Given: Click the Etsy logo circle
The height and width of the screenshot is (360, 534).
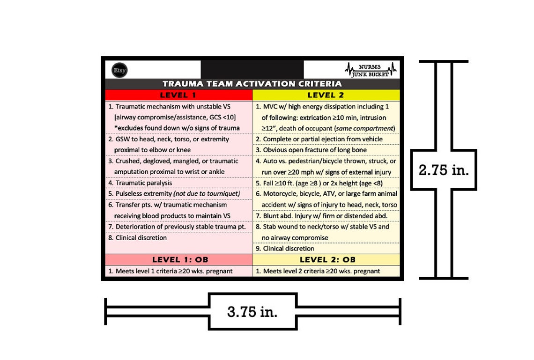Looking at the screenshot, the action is click(x=119, y=70).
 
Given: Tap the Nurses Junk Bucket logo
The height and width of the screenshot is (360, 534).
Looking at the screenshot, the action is click(x=371, y=70).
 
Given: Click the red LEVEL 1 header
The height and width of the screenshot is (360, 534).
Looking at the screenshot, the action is click(x=178, y=95).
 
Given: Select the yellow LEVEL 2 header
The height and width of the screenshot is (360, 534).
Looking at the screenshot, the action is click(x=326, y=95).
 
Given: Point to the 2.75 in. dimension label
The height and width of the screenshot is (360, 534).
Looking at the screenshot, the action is click(x=444, y=170).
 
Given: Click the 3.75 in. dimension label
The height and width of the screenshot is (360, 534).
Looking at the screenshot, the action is click(x=252, y=312).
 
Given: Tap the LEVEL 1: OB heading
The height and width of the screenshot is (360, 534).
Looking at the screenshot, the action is click(x=180, y=260).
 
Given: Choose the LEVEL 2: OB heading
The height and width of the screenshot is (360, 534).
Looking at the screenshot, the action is click(x=327, y=260).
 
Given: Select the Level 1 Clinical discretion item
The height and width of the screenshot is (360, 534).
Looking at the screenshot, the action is click(x=138, y=237).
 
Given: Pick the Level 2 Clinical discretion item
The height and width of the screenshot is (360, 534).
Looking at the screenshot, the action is click(x=285, y=249).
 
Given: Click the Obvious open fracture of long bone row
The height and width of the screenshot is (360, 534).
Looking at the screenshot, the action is click(x=311, y=150).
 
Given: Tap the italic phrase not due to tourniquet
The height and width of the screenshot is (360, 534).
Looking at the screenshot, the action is click(x=207, y=194).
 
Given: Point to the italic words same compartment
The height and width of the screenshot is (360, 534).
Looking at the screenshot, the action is click(x=365, y=128).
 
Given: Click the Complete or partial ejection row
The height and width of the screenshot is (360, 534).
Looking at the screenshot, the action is click(x=319, y=139).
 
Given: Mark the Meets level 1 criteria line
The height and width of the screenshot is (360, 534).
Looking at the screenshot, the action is click(x=171, y=271).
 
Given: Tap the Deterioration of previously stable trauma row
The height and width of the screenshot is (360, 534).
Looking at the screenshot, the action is click(x=177, y=227).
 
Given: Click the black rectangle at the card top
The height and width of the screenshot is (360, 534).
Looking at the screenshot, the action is click(x=252, y=69).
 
